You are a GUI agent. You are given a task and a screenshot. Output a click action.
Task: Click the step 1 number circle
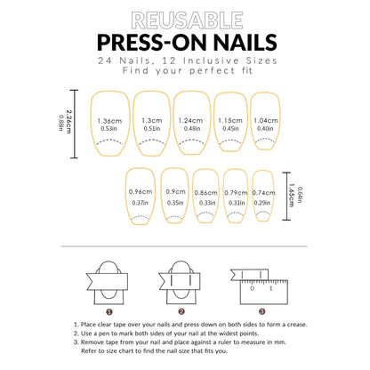[109, 312]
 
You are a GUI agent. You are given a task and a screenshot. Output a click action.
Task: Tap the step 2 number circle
[182, 312]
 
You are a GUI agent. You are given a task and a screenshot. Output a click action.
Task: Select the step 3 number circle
[262, 312]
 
